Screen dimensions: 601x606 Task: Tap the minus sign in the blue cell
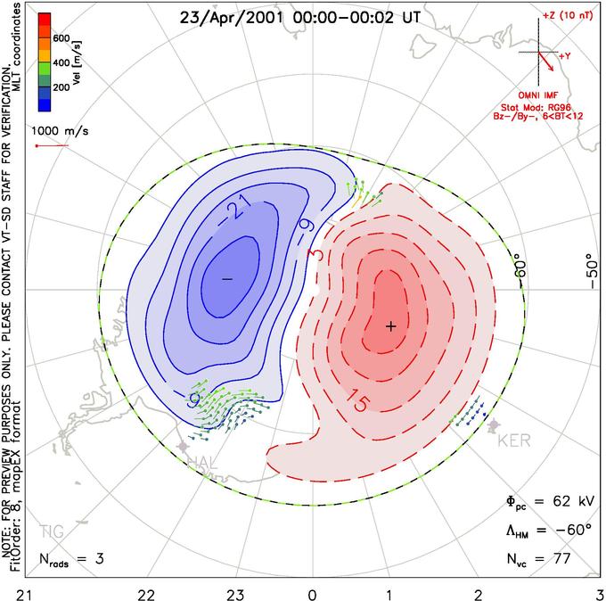226,279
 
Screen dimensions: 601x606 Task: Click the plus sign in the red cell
390,326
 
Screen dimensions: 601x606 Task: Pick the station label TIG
52,532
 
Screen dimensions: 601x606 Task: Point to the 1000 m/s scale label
56,129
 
